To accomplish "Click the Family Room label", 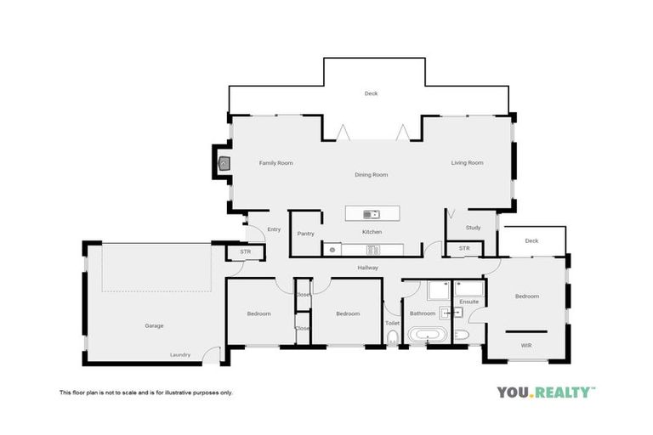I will coord(275,162).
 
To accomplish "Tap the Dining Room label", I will coord(372,175).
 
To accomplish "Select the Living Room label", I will coord(467,162).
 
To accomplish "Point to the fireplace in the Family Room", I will coord(223,163).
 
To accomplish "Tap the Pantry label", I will coord(307,234).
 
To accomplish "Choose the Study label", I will coord(474,228).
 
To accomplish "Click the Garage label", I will coord(154,325).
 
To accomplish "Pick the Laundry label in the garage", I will coord(180,354).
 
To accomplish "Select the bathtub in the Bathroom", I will coord(425,336).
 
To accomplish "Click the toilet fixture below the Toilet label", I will coord(392,340).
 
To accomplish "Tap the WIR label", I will coord(526,345).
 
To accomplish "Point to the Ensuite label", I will coord(469,302).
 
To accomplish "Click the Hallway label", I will coord(367,268).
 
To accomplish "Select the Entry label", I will coord(274,229).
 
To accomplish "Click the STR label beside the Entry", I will coord(245,251).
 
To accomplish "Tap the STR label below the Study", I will coord(464,248).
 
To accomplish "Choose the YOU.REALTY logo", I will coord(546,392).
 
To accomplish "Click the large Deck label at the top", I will coord(371,93).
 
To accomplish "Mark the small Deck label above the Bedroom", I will coord(531,240).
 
